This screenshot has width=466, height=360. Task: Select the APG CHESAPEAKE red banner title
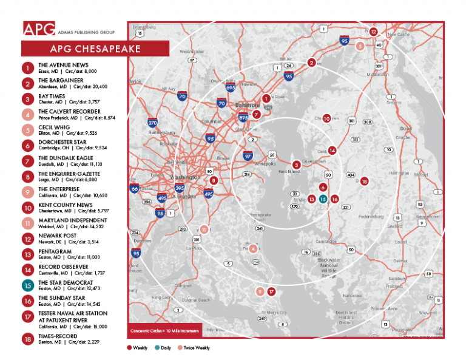tap(95, 49)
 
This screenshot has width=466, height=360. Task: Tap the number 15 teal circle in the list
tap(28, 284)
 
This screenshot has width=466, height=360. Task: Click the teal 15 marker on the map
tap(323, 199)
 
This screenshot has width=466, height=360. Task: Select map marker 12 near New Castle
tap(374, 31)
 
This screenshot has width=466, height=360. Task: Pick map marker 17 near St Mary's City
tap(271, 291)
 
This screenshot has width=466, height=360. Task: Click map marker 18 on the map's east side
tap(364, 181)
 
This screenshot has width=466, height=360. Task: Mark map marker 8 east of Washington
tap(213, 180)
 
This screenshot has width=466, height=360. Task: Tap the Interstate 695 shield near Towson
tap(230, 87)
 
